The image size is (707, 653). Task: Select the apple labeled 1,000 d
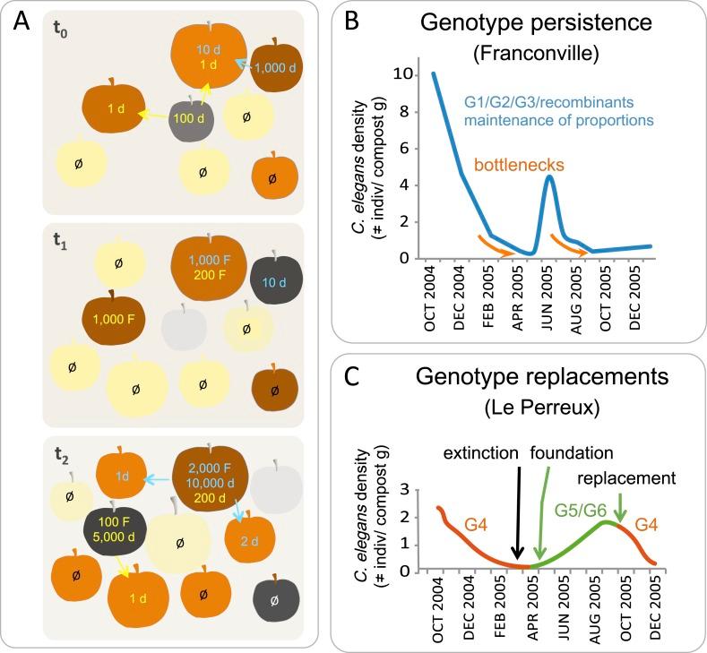[x=274, y=67]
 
